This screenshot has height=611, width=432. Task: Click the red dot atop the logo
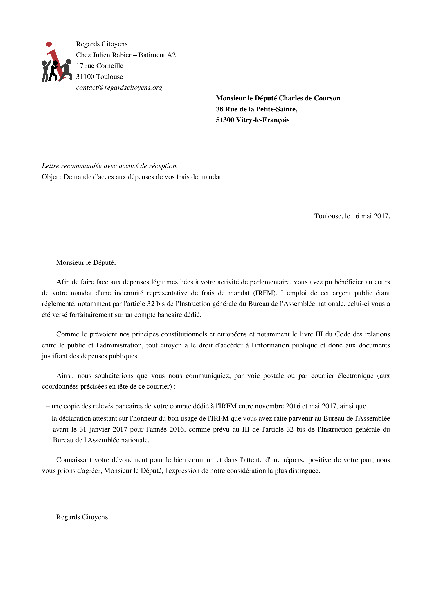point(49,44)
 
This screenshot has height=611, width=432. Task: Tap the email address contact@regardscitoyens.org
point(119,87)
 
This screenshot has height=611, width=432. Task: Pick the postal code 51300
point(225,120)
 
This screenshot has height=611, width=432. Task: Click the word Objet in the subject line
point(50,177)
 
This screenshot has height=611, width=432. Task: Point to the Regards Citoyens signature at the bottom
point(82,517)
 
